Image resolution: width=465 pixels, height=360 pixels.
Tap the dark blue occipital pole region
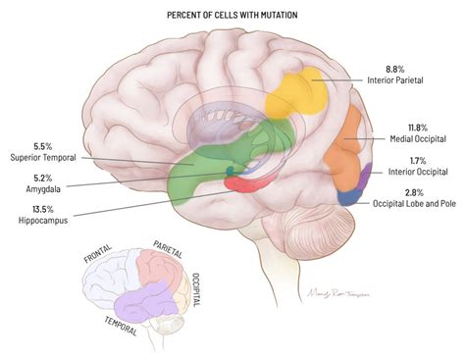click(348, 194)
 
